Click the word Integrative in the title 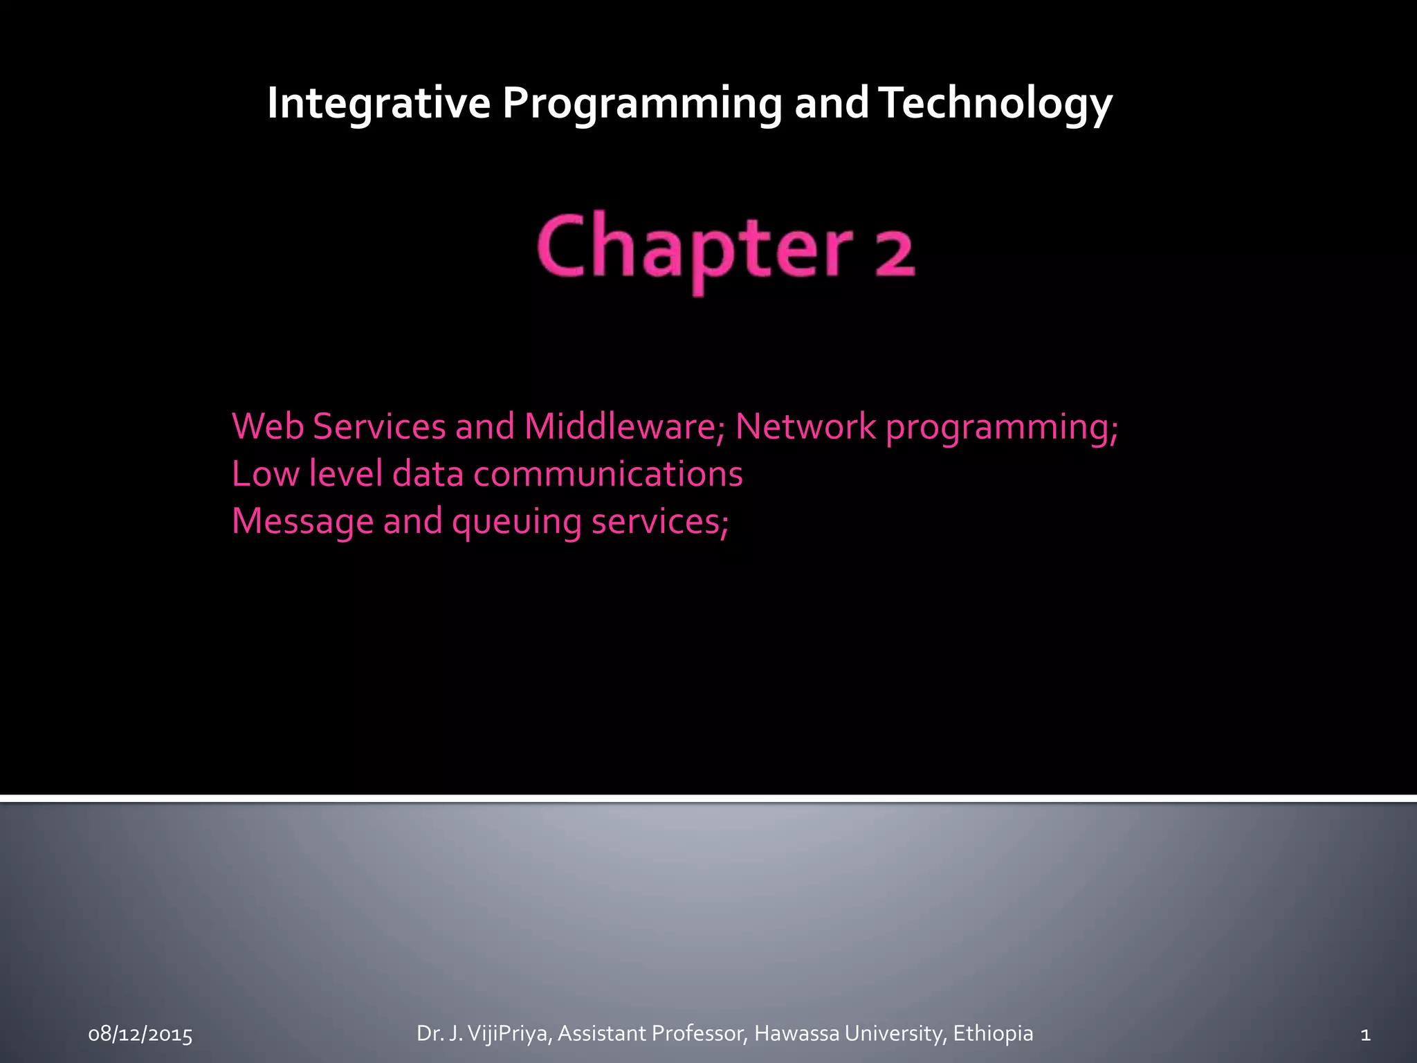pos(378,103)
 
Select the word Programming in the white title pos(641,105)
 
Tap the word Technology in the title pos(996,105)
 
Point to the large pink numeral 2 pos(895,252)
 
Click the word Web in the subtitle pos(268,426)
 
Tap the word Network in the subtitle pos(805,426)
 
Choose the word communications pos(608,475)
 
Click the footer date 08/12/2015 pos(140,1035)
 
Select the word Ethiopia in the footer pos(993,1034)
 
